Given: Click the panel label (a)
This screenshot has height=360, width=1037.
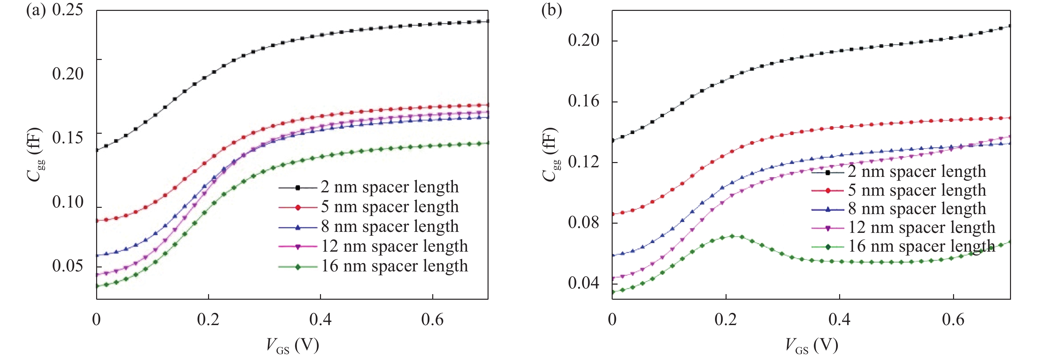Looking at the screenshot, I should (36, 11).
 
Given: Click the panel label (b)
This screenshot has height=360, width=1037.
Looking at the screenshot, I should (551, 11).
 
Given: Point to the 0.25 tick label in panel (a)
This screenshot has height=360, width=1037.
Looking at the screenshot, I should (67, 11).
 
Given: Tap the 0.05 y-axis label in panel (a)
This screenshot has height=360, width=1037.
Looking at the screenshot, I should (67, 266).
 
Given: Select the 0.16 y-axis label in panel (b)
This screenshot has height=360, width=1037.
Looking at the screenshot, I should (583, 101).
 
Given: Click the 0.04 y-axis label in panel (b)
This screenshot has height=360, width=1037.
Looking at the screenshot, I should (583, 283).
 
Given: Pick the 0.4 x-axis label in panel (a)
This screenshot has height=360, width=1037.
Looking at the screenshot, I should (320, 320).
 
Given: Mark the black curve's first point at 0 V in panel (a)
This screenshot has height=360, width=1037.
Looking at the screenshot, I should (96, 150).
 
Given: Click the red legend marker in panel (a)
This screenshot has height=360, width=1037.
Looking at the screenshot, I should (298, 208).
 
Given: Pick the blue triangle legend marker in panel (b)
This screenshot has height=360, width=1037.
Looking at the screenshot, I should (828, 209).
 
